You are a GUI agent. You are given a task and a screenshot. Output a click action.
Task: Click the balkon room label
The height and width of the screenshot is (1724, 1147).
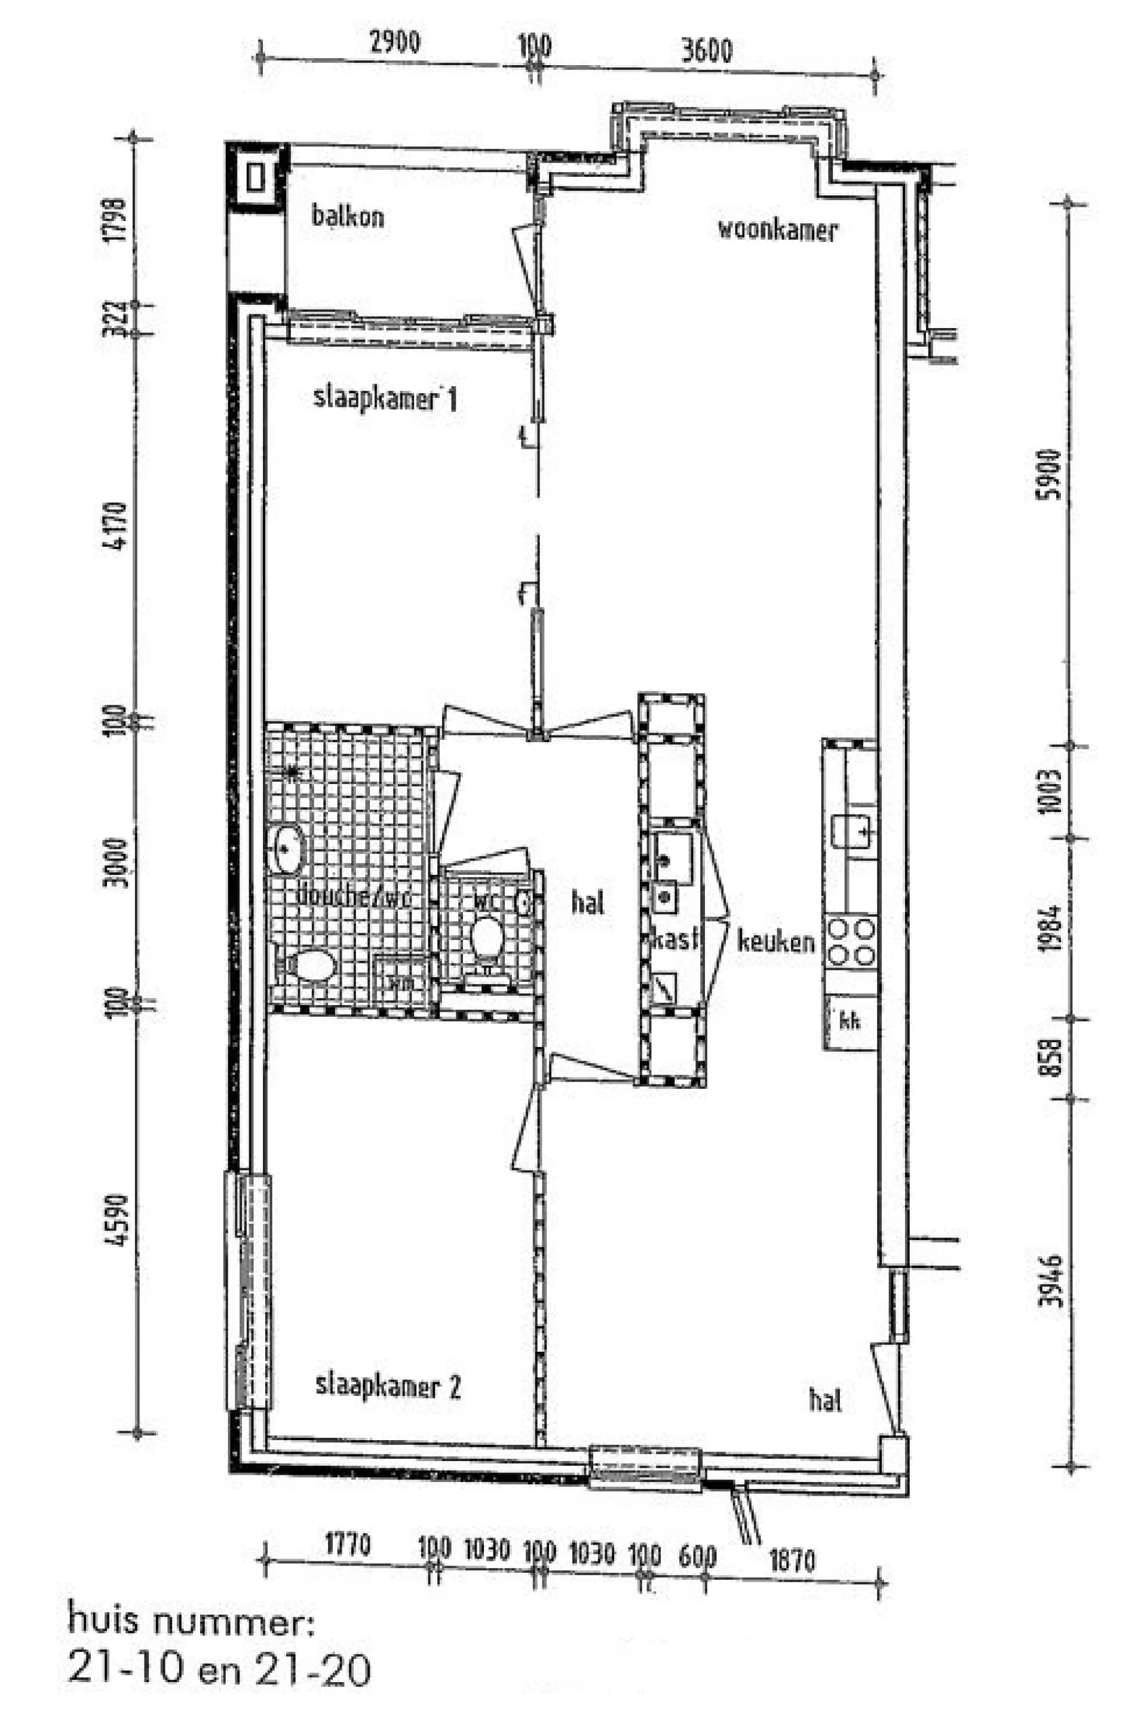coord(348,216)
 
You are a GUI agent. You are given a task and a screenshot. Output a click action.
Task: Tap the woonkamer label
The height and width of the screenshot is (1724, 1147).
coord(776,230)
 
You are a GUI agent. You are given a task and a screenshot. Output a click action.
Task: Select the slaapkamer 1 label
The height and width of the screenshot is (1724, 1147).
coord(385,400)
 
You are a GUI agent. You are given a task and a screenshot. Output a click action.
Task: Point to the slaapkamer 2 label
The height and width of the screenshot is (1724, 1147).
coord(388,1386)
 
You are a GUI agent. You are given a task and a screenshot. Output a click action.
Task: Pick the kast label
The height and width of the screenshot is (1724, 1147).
coord(674,939)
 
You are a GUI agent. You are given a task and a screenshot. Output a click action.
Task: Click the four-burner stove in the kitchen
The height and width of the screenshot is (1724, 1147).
coord(851,942)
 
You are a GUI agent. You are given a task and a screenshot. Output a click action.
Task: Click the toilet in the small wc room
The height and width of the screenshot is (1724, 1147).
coord(486,938)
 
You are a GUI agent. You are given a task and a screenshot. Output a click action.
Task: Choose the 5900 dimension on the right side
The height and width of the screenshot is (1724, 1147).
coord(1050,473)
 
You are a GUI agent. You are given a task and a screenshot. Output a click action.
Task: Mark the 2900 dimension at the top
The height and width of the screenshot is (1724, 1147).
coord(394,42)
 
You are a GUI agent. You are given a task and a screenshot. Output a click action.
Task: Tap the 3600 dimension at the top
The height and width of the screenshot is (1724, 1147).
coord(706,50)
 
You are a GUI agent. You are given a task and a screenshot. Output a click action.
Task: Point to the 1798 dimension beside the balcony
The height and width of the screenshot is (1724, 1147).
coord(115,219)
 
